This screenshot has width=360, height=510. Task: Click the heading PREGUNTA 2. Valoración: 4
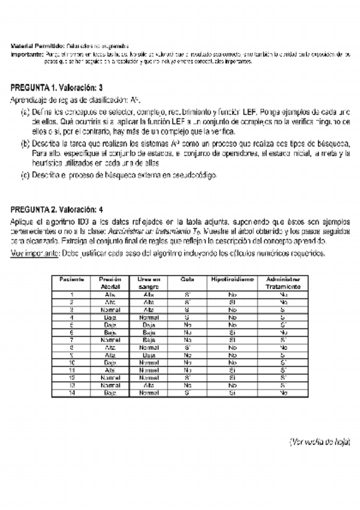(x=57, y=209)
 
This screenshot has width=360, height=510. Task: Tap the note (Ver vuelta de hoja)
(x=319, y=442)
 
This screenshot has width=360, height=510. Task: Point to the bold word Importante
(x=27, y=54)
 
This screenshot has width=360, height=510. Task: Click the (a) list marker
(x=25, y=112)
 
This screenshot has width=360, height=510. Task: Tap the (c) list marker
(x=25, y=175)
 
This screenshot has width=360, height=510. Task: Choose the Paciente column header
(x=72, y=279)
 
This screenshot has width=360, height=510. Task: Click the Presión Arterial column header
(x=110, y=283)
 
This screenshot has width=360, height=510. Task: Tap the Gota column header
(x=187, y=279)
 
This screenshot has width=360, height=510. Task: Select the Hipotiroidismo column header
(x=233, y=279)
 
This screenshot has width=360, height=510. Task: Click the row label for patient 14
(x=72, y=392)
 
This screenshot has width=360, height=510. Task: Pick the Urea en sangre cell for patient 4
(x=148, y=316)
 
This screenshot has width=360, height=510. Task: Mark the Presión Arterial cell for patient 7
(x=110, y=339)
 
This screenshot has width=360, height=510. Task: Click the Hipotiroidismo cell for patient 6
(x=233, y=331)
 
